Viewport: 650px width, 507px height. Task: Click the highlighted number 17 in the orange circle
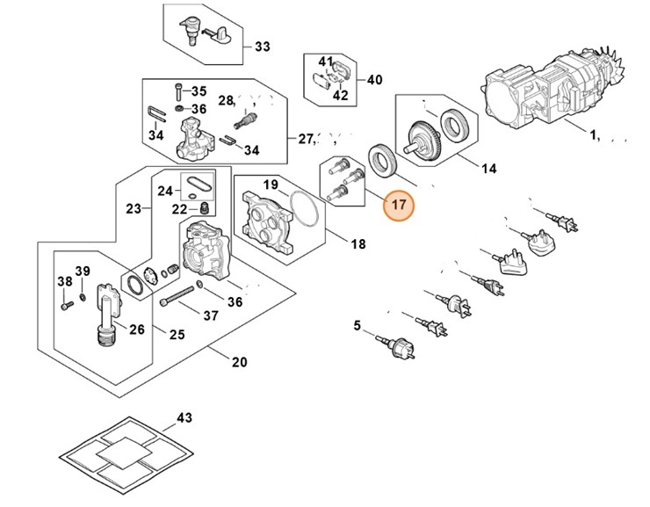coord(399,206)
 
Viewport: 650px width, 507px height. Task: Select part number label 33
coord(263,47)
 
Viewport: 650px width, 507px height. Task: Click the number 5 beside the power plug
coord(357,327)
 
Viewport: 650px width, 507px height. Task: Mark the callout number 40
coord(374,80)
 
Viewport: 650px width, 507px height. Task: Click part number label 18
coord(358,243)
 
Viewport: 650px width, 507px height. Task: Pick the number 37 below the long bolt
coord(211,315)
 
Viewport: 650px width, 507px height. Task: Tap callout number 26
coord(136,330)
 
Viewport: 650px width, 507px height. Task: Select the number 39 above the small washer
coord(82,270)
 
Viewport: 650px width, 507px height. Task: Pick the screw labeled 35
coord(179,91)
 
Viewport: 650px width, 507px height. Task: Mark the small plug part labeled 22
coord(203,207)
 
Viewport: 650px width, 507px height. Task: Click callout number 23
coord(134,209)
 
